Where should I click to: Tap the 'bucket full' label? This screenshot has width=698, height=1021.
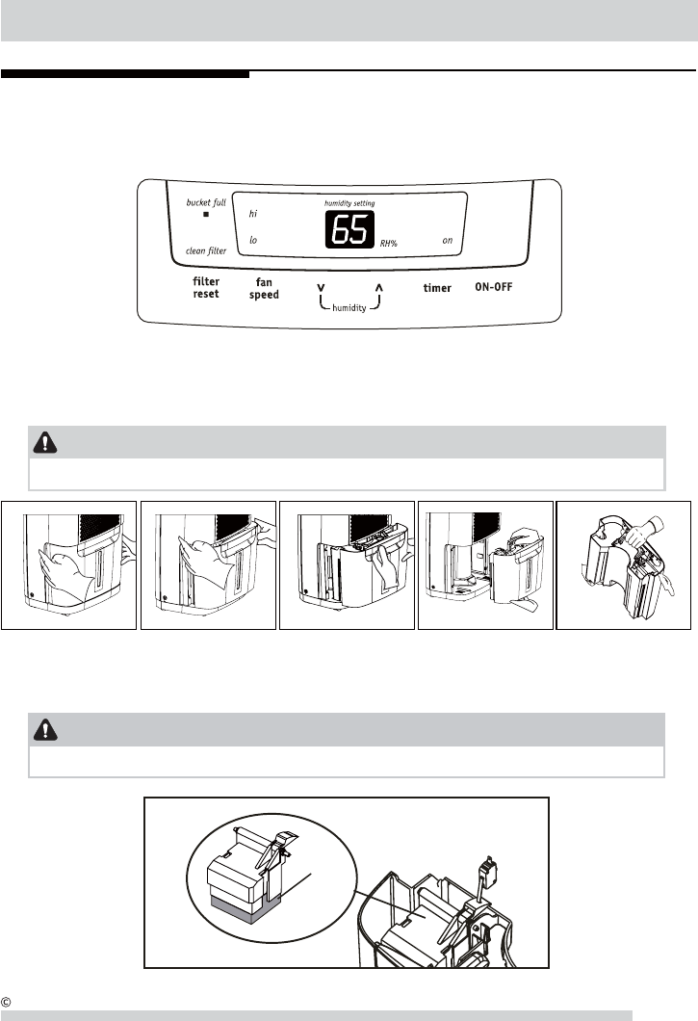pyautogui.click(x=206, y=204)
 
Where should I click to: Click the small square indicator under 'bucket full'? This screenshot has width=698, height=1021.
pyautogui.click(x=206, y=216)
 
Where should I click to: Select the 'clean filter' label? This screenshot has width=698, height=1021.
pyautogui.click(x=206, y=250)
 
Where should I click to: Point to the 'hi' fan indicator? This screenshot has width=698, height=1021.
pyautogui.click(x=253, y=214)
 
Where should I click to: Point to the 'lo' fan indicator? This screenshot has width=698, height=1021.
pyautogui.click(x=253, y=240)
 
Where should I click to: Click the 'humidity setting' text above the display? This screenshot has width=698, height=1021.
pyautogui.click(x=349, y=204)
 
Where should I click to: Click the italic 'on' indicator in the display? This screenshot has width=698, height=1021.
pyautogui.click(x=448, y=240)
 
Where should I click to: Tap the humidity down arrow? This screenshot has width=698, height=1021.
pyautogui.click(x=321, y=287)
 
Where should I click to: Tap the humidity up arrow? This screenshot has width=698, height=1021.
pyautogui.click(x=378, y=287)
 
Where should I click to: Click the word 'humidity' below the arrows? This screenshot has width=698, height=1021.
pyautogui.click(x=349, y=308)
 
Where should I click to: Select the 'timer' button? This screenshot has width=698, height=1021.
pyautogui.click(x=437, y=288)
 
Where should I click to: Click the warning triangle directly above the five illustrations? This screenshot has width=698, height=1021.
pyautogui.click(x=44, y=442)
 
